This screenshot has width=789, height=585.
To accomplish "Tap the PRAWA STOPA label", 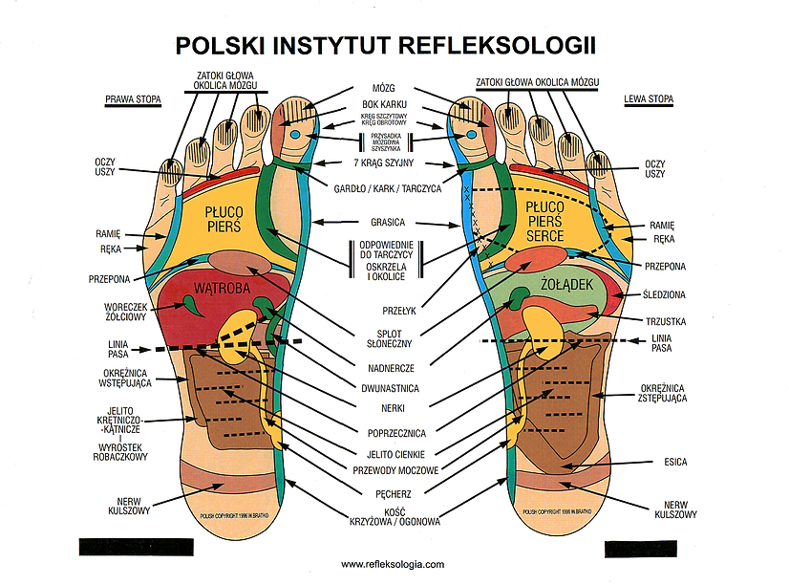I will (x=133, y=98).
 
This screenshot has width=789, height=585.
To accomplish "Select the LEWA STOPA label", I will (x=648, y=98).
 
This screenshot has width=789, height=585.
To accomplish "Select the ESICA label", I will (x=675, y=463).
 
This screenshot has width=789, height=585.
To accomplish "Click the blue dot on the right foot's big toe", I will (x=295, y=136).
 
